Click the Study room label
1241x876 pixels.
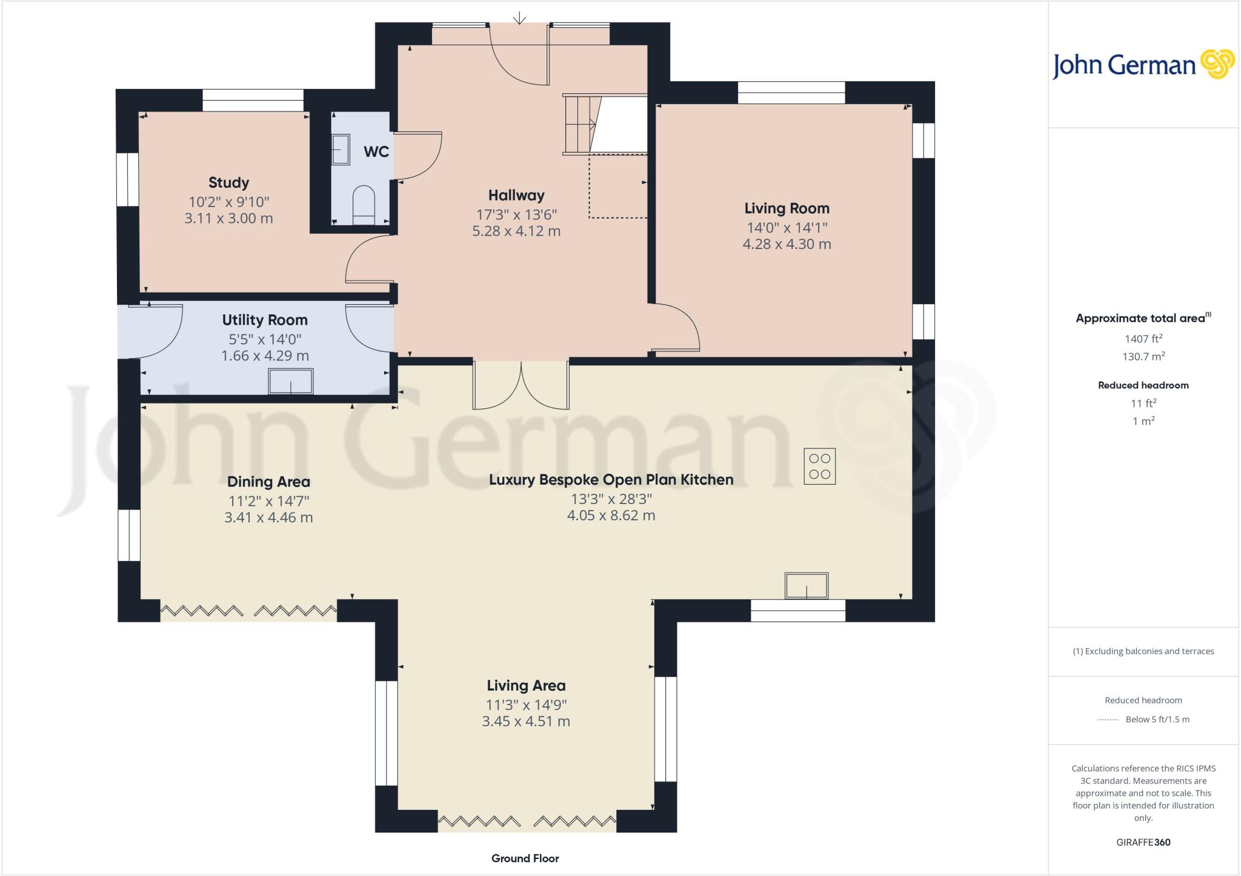[x=228, y=182]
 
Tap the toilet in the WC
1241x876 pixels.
[x=364, y=202]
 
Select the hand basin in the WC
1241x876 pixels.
[x=341, y=150]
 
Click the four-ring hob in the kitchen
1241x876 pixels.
[x=819, y=466]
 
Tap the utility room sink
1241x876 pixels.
[x=291, y=382]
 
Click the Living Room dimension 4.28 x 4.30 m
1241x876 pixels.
[x=787, y=244]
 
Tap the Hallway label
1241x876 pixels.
[x=516, y=195]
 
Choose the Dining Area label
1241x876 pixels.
[x=268, y=482]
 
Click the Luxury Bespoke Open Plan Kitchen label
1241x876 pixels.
[x=611, y=479]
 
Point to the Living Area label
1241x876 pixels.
[x=526, y=685]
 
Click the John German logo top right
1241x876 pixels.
[x=1143, y=65]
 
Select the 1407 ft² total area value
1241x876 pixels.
[x=1143, y=339]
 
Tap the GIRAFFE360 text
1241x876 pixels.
[x=1143, y=842]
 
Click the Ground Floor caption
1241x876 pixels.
[x=525, y=858]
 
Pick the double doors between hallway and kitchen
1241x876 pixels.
[x=521, y=386]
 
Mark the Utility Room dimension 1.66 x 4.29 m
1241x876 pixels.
[x=265, y=356]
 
